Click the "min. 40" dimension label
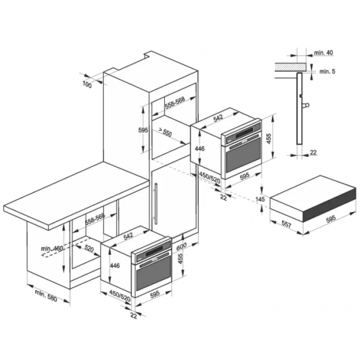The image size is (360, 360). pos(324,53)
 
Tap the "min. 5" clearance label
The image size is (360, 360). pos(327,72)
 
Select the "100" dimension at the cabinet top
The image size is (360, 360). pos(87,85)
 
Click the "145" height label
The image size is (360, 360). pos(260,199)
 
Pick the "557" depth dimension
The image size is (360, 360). pos(286,224)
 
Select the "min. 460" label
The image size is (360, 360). pos(52,248)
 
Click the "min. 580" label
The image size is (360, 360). pos(46,296)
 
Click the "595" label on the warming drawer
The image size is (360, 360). pos(331,219)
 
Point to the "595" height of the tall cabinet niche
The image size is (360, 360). pos(143,130)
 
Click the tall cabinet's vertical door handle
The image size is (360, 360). pos(156,203)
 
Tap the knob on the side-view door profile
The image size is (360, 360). pos(306,105)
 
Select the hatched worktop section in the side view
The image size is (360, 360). pos(291,67)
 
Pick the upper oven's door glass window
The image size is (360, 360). pos(243,157)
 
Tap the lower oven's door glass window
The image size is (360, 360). pos(153,274)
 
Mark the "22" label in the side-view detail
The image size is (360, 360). pos(313,152)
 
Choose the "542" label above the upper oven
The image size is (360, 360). pos(218,118)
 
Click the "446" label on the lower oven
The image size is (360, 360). pos(115,265)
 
